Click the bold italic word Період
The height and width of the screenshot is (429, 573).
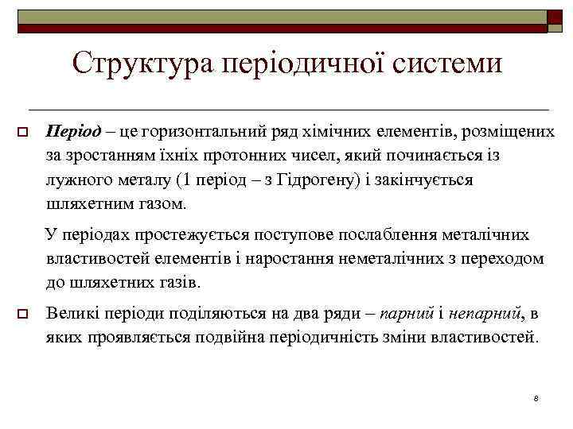tap(74, 130)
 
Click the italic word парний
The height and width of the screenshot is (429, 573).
tap(407, 314)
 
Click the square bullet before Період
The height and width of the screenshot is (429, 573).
tap(23, 131)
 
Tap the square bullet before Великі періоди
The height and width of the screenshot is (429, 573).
tap(23, 315)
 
